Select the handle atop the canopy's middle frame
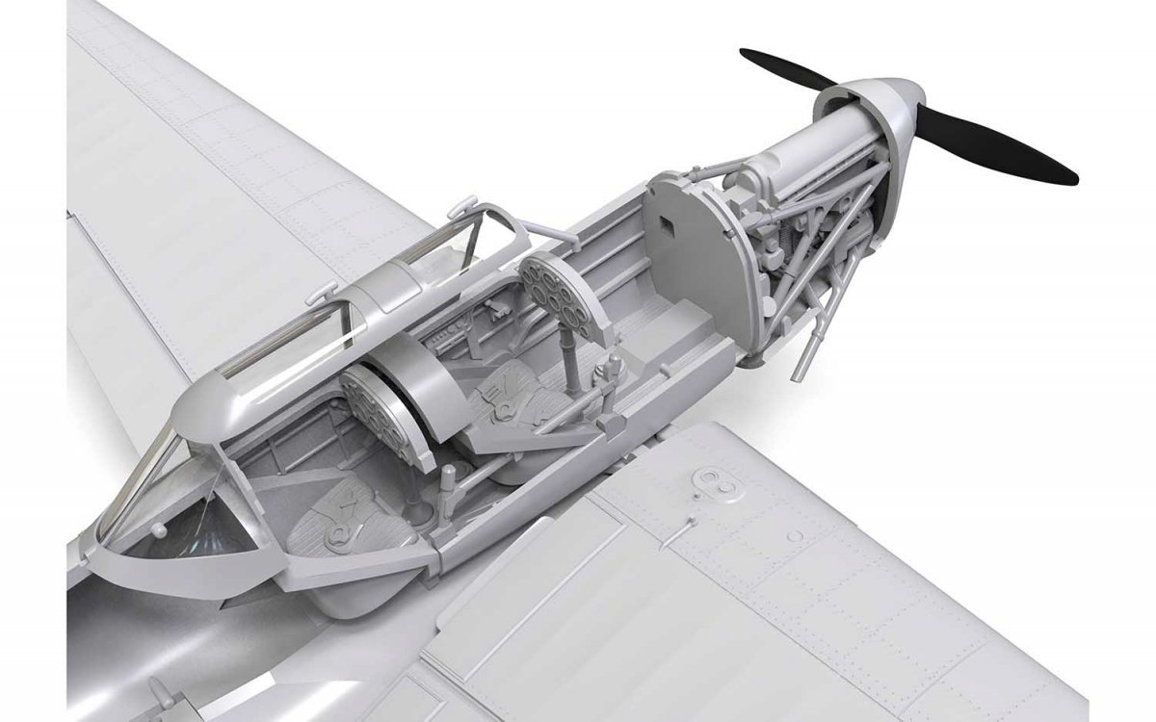click(x=328, y=288)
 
